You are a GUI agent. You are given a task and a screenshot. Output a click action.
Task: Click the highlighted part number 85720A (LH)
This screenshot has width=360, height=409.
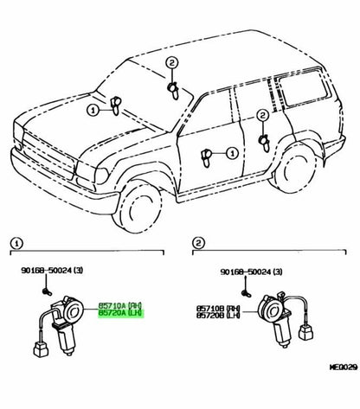coord(120,313)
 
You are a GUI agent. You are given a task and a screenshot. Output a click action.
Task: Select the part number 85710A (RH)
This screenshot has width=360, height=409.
coord(120,305)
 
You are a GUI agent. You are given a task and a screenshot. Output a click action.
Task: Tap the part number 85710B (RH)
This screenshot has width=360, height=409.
coord(218,308)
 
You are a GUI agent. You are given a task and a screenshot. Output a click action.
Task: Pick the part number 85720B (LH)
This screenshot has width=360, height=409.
coord(218,315)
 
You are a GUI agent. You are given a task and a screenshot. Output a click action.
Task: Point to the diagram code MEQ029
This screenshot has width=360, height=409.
coord(344,367)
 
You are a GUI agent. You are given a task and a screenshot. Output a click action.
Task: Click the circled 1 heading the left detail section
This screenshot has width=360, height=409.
coord(16,244)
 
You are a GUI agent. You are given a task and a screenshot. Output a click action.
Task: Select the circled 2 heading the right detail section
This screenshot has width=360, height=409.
coord(198,244)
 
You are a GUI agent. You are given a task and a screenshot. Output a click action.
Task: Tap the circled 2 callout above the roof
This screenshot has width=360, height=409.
coord(172,63)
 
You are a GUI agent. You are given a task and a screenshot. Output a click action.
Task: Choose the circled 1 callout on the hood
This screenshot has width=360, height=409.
coord(93,111)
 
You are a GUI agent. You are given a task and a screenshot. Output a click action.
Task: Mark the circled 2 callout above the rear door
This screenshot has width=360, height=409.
coord(262,116)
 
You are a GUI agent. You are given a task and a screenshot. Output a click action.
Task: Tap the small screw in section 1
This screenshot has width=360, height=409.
coord(47,292)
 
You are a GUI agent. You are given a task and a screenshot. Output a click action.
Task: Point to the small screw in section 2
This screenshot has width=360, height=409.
coord(246,294)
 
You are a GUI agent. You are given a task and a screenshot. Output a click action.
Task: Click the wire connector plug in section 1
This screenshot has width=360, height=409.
coord(41,348)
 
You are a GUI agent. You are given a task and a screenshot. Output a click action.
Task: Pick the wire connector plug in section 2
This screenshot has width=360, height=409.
coord(306,332)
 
